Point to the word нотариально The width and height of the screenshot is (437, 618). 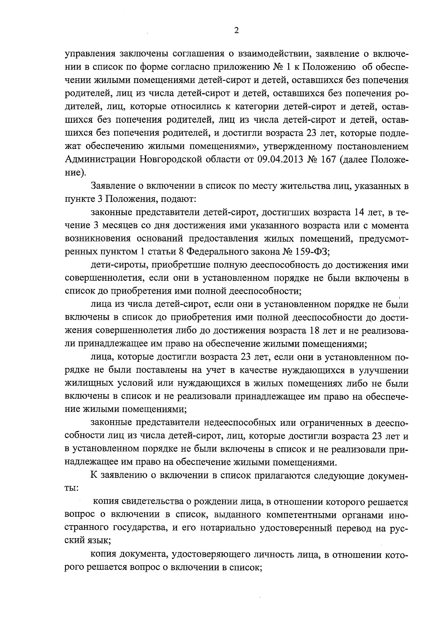[x=228, y=528]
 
